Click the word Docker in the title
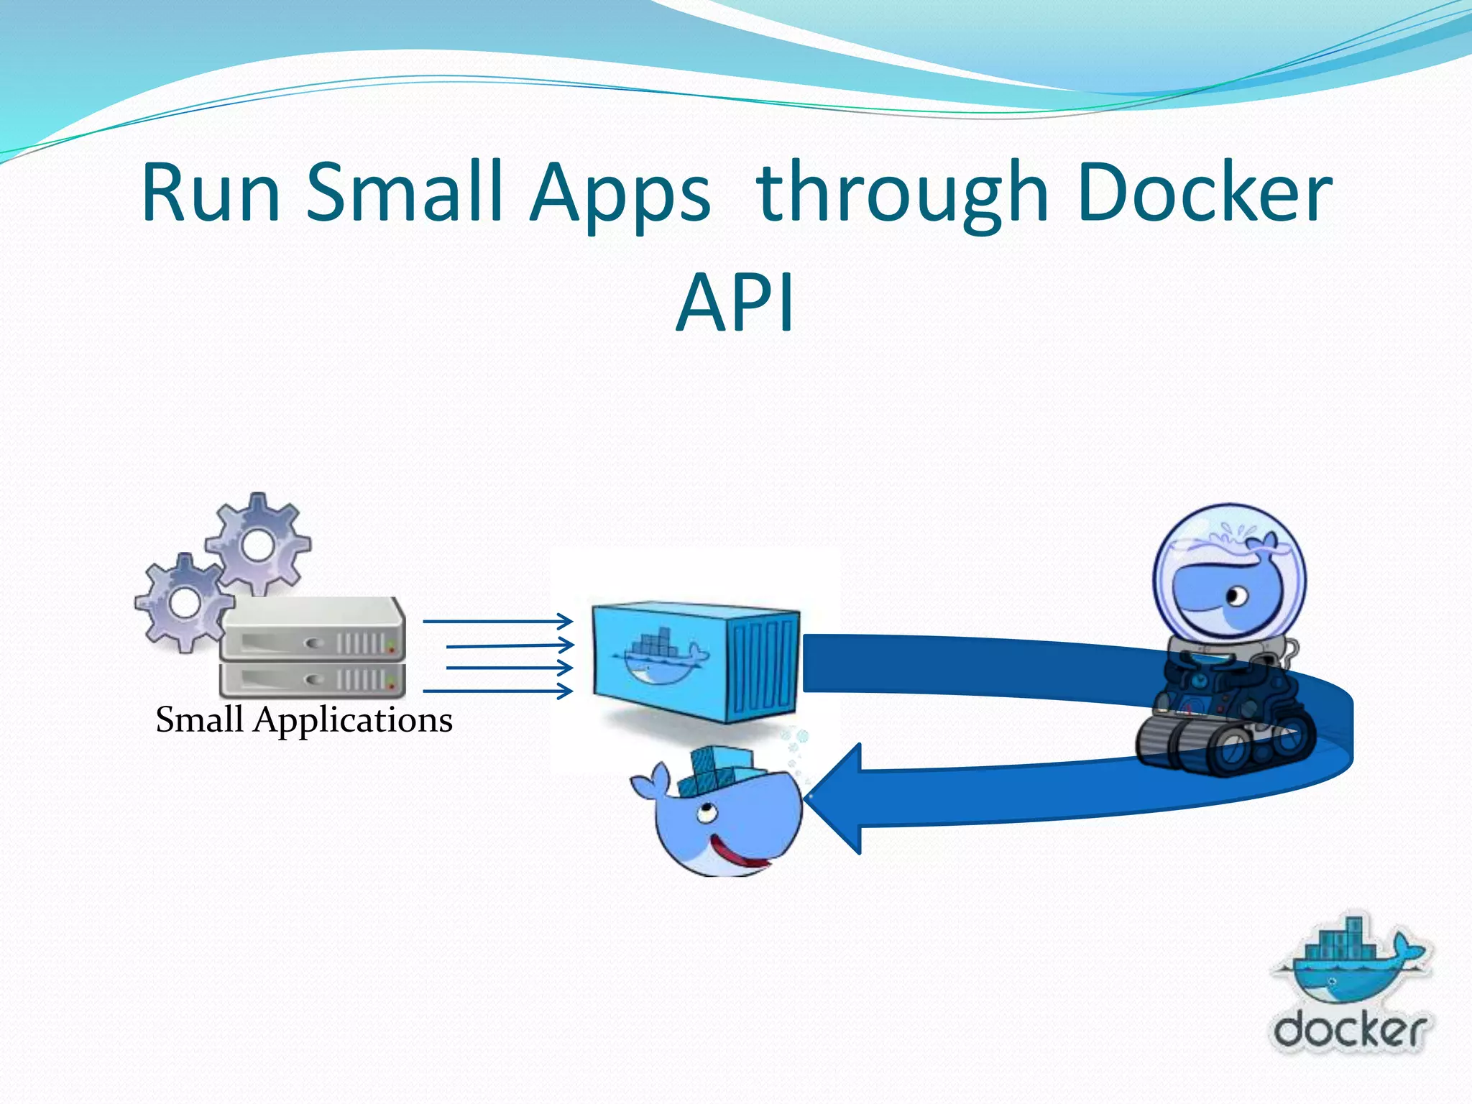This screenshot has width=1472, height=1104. coord(1205,193)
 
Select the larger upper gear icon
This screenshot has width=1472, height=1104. coord(259,545)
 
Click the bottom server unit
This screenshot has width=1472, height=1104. coord(312,679)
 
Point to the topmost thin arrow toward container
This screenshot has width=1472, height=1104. coord(497,621)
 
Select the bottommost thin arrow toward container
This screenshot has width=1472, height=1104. coord(497,691)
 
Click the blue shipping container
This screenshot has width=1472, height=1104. coord(696,661)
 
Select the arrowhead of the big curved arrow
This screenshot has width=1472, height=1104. coord(837,798)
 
